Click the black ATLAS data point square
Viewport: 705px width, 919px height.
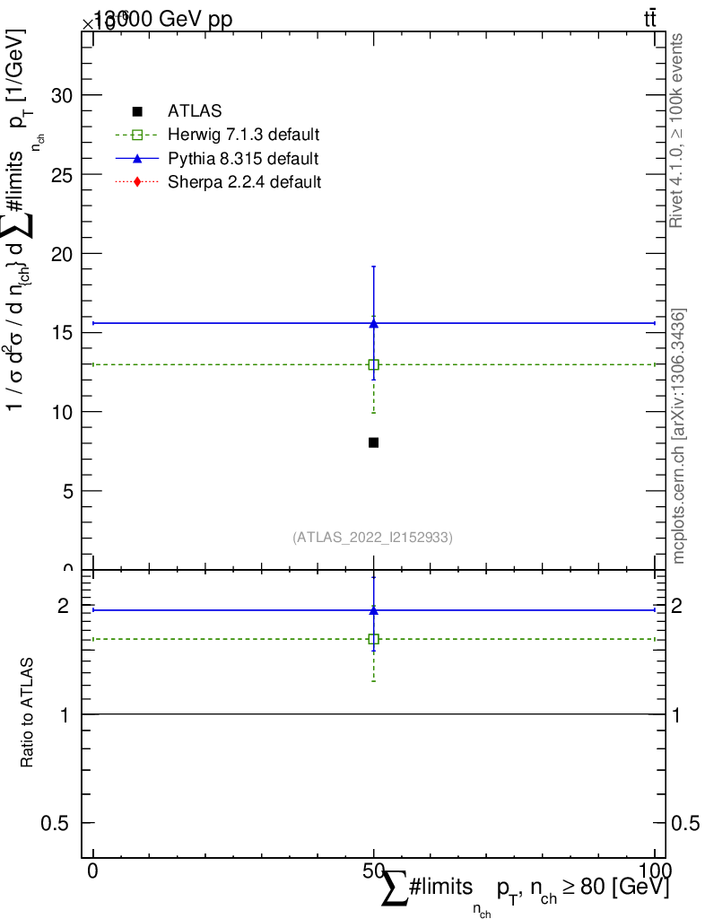click(x=373, y=442)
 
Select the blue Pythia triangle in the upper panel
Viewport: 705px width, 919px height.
click(x=373, y=323)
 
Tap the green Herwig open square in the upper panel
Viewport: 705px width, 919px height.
click(x=373, y=364)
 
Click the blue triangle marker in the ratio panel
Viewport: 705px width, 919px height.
click(x=373, y=610)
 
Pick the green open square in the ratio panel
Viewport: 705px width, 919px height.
click(x=373, y=639)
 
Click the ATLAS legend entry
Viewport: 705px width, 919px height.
click(x=195, y=111)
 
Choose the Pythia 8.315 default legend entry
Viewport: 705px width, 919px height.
click(x=243, y=159)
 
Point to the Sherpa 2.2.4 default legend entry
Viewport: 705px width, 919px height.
click(x=244, y=182)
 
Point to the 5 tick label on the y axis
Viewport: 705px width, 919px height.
click(x=68, y=491)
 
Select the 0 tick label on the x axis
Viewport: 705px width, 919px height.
click(x=93, y=871)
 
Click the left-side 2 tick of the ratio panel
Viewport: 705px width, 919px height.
click(x=63, y=606)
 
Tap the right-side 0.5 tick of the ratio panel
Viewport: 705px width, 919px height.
click(x=687, y=823)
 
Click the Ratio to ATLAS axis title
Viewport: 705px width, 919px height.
click(x=28, y=713)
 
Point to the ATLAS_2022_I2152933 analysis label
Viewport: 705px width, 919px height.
click(x=372, y=538)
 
